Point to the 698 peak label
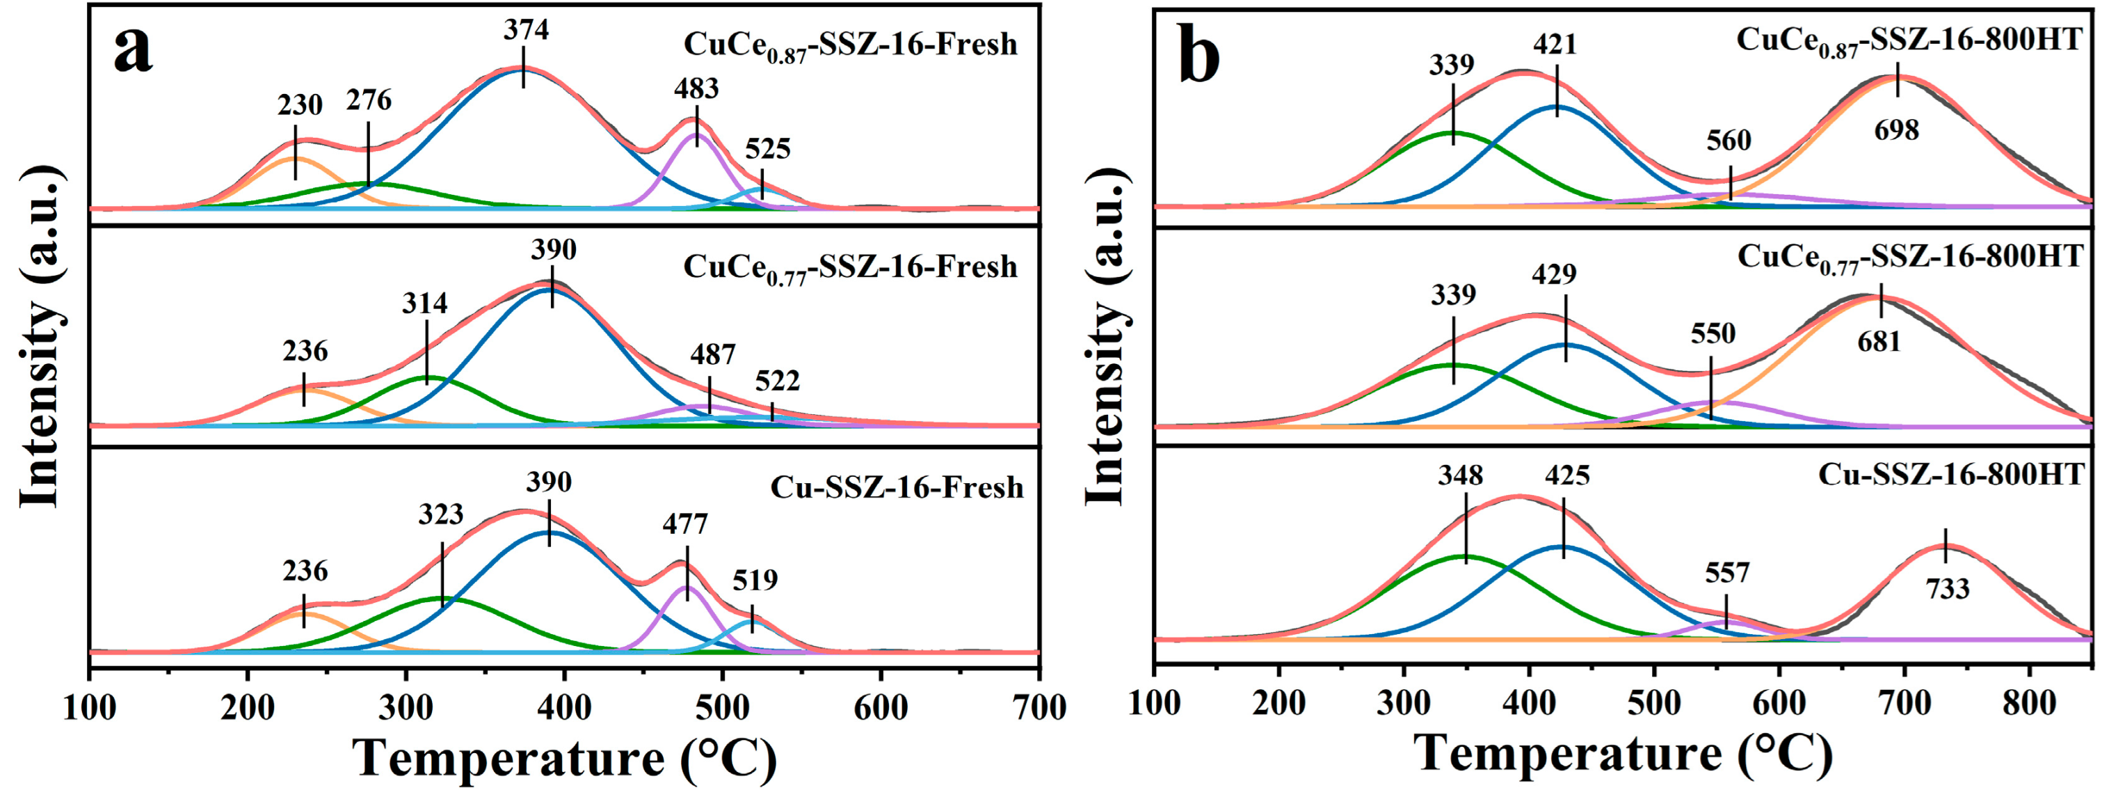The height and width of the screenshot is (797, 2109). click(x=1896, y=129)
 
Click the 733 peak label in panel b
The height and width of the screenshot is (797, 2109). click(x=1947, y=588)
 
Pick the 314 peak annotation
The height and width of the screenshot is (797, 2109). click(x=425, y=304)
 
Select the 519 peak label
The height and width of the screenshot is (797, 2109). click(x=755, y=581)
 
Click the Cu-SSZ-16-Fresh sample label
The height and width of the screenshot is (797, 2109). click(x=897, y=488)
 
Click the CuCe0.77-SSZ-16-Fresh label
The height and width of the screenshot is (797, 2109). click(x=850, y=268)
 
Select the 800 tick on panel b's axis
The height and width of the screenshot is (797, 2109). click(x=2030, y=703)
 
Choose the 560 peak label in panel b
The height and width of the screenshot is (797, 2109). click(x=1729, y=141)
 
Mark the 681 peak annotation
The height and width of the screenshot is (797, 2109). click(x=1878, y=342)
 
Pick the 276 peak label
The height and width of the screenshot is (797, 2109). click(x=369, y=101)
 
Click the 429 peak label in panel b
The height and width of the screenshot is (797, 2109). click(x=1554, y=274)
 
